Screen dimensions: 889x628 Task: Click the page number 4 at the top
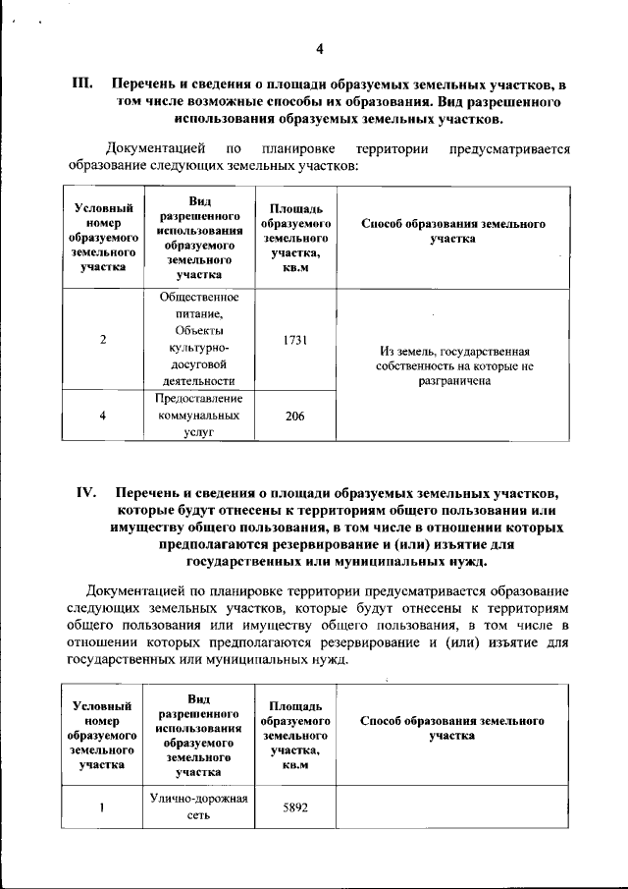pos(319,50)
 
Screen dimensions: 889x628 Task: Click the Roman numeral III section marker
pos(82,84)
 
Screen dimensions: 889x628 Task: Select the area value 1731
pos(294,340)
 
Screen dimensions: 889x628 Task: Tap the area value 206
pos(294,417)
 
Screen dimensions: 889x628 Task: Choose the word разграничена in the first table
pos(452,383)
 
